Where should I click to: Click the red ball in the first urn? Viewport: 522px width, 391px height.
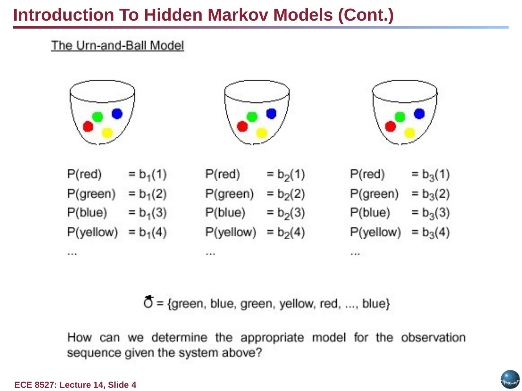pos(88,126)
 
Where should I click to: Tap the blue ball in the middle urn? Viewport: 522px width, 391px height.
pos(271,114)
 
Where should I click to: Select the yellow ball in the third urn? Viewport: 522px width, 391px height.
pos(409,133)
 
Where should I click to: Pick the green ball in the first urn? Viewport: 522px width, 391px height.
pos(98,117)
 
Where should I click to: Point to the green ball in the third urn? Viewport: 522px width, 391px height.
pos(400,117)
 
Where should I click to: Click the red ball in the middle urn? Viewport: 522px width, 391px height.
pos(242,126)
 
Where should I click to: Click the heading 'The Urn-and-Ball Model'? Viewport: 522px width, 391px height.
pos(117,46)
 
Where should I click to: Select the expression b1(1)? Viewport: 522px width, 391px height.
pos(152,175)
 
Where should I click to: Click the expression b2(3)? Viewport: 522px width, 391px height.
pos(291,213)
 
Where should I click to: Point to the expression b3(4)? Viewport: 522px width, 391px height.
pos(435,232)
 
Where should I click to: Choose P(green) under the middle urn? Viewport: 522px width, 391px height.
pos(229,194)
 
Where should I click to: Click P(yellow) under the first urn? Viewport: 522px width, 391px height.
pos(92,232)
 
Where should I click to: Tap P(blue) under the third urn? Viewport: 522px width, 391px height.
pos(370,213)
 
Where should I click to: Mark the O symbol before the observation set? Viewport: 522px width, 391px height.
pos(148,302)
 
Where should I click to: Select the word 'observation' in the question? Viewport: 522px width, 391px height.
pos(433,337)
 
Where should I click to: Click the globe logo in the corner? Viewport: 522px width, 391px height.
pos(510,379)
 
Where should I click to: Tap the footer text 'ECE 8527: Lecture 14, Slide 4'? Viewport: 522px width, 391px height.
pos(75,385)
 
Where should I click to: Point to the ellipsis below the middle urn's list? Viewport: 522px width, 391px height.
pos(210,254)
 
